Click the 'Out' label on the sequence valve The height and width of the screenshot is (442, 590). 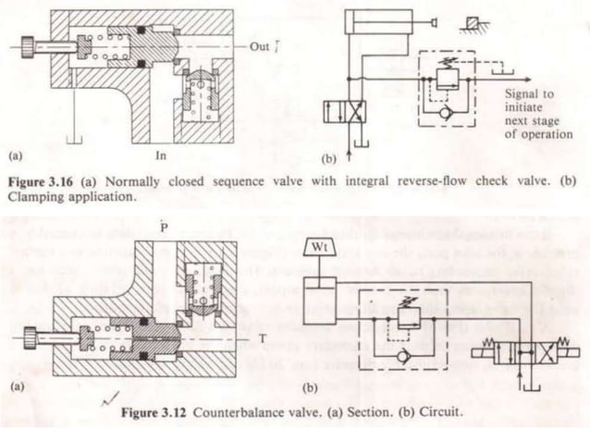pos(259,44)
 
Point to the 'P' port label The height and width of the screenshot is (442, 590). pos(163,225)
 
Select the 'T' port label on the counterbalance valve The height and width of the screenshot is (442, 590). pos(264,338)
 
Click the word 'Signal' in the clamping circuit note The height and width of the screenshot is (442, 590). pos(523,92)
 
